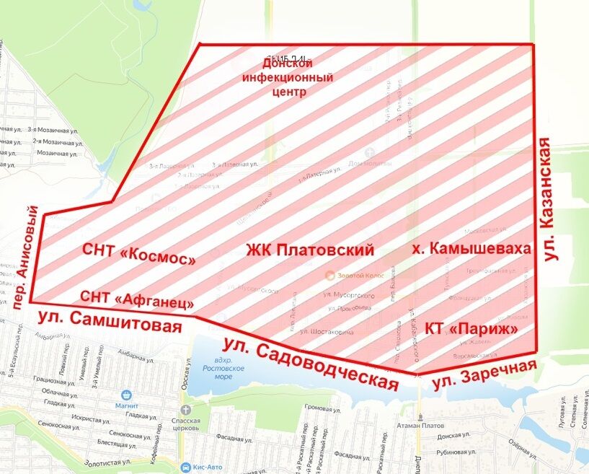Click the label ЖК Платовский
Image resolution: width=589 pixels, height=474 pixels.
pos(310,251)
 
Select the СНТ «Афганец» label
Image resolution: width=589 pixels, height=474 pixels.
pos(137,297)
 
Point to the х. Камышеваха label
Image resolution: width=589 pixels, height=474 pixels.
pos(471,249)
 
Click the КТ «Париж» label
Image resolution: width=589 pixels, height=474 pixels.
pos(472,329)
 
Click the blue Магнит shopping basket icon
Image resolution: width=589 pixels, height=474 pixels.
pos(127,395)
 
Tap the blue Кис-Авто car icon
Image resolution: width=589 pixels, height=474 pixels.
pos(186,467)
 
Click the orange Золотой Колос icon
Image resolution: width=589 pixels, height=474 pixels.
pos(330,275)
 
